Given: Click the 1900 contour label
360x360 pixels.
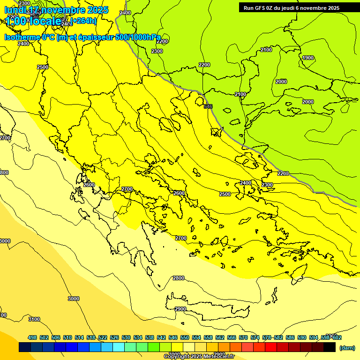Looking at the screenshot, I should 308,58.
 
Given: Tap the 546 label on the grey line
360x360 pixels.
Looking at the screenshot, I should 208,106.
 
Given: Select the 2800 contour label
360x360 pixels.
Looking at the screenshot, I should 179,278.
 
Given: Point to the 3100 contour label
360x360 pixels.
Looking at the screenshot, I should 34,319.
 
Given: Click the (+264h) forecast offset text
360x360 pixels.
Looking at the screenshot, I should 84,21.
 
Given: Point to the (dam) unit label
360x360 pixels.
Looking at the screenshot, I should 347,348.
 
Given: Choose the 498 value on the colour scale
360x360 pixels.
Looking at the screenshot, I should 32,337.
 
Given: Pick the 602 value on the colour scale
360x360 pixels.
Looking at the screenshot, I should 337,337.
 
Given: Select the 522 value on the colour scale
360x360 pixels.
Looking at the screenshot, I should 103,337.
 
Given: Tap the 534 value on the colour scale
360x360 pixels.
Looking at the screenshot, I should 138,337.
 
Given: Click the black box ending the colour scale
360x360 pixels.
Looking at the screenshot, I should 330,347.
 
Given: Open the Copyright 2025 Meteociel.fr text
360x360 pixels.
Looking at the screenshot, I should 199,356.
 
